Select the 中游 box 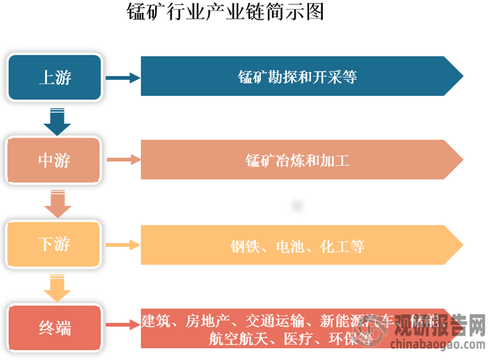(x=55, y=160)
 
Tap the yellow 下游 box (x=55, y=245)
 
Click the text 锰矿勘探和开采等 (x=297, y=77)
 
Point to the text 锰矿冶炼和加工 (x=297, y=160)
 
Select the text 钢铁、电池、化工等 (x=297, y=246)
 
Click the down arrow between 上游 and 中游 (x=56, y=122)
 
